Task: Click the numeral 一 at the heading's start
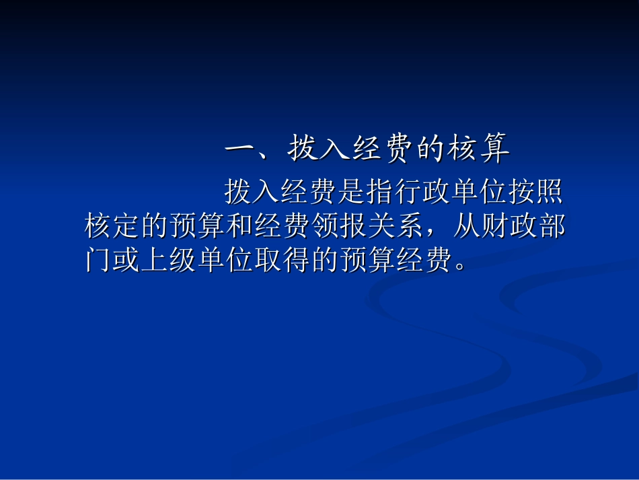point(239,150)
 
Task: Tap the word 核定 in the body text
point(112,228)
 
